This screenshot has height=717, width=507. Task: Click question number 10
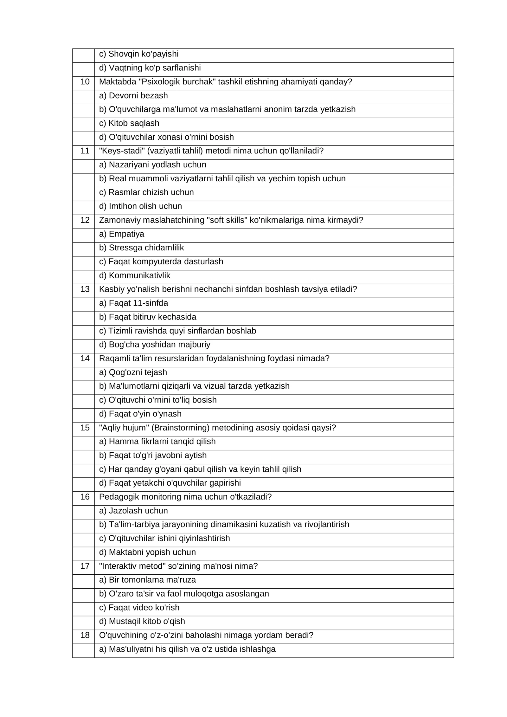(85, 82)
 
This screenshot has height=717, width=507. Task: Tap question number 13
(85, 289)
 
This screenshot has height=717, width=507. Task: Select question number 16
(85, 497)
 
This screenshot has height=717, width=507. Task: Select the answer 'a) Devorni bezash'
(133, 95)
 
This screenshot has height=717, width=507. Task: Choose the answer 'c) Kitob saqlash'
(129, 123)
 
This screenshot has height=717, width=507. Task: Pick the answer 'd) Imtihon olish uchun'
(140, 206)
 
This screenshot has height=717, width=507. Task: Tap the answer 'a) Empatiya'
(121, 234)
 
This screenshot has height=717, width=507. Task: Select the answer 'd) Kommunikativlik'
(134, 275)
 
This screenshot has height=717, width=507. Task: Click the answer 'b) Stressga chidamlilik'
(141, 248)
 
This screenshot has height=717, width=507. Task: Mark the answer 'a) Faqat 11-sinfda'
(133, 303)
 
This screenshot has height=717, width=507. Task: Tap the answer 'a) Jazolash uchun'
(133, 511)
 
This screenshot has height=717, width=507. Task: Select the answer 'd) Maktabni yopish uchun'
(147, 552)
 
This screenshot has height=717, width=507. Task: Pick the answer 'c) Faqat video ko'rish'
(139, 607)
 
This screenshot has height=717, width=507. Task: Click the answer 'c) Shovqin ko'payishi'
(139, 54)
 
